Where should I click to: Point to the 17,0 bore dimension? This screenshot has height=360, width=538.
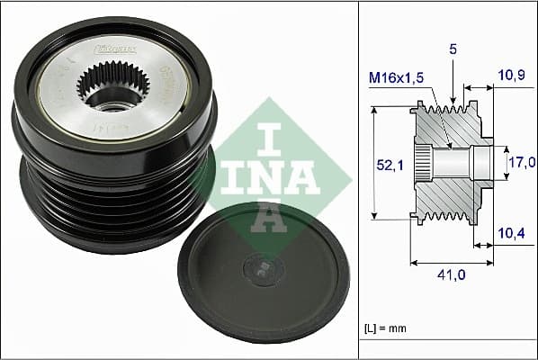[522, 163]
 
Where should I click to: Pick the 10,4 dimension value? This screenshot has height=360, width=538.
[512, 234]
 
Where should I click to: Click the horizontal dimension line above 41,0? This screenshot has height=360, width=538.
[453, 263]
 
